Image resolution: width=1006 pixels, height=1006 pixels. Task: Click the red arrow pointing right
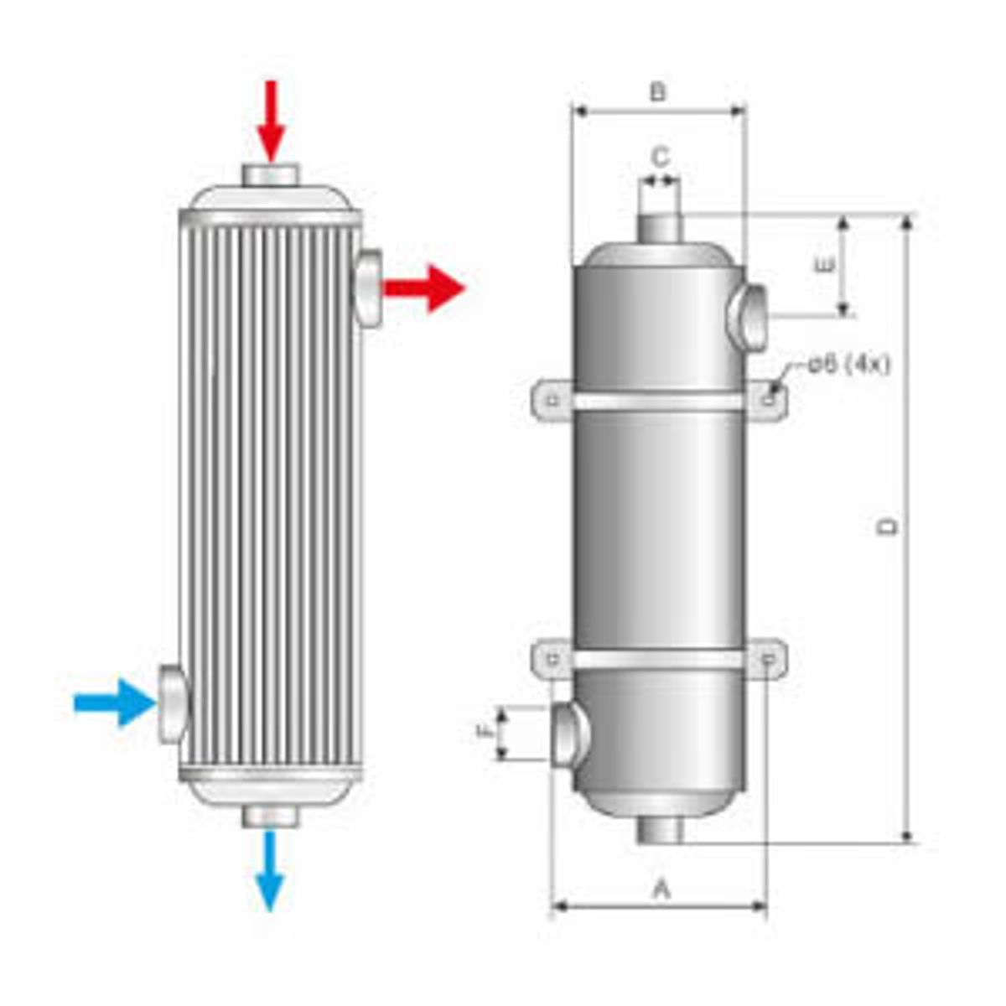425,288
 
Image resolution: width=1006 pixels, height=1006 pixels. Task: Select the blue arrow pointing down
269,872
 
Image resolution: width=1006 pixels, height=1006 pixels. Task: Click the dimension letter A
661,889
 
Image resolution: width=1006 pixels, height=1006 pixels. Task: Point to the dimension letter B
658,91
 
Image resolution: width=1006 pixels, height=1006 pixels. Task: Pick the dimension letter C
661,157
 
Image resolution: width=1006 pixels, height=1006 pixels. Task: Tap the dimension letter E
825,267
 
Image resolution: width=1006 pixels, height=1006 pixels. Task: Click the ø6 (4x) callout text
848,365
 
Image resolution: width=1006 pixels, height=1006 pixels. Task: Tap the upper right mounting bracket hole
771,400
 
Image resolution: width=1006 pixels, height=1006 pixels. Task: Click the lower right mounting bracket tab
770,660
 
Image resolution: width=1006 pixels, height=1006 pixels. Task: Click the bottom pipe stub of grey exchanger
660,830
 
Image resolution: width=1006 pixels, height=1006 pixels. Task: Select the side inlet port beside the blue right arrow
173,703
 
